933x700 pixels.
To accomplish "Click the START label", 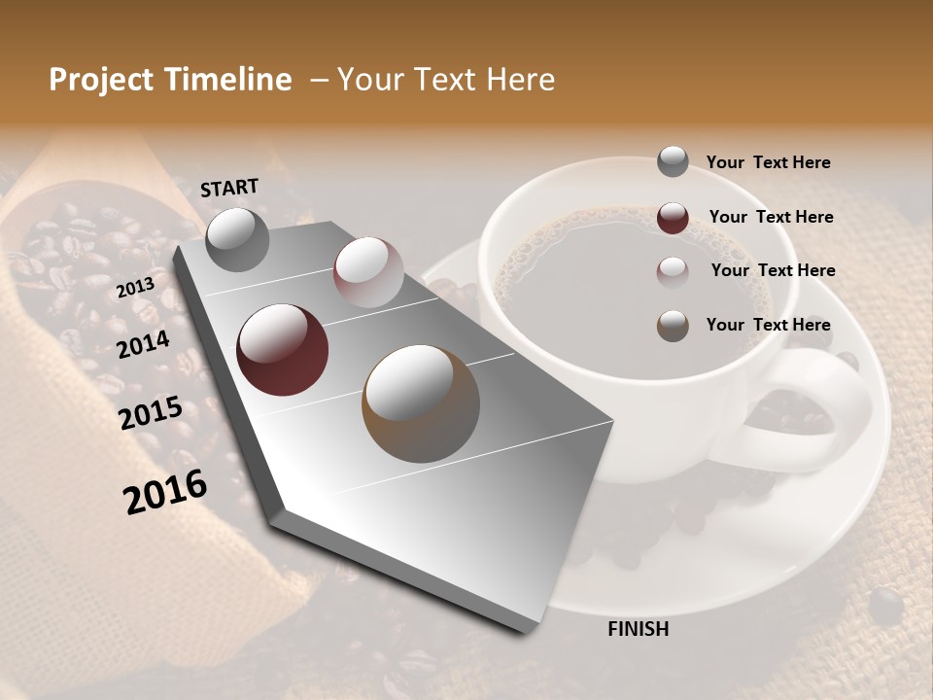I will coord(229,188).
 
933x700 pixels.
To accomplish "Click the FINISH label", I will coord(638,629).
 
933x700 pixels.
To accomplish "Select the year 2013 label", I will coord(135,288).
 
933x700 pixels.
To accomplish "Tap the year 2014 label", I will coord(143,344).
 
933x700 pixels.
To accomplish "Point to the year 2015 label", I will coord(150,413).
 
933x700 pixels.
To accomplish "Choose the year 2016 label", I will coord(165,491).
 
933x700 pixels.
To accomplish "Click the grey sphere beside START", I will coord(238,239).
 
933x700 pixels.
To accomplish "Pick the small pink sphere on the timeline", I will coord(367,272).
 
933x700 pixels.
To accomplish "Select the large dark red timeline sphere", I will coord(282,350).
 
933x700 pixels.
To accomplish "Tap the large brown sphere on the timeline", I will coord(420,403).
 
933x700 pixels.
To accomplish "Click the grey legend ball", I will coord(673,162).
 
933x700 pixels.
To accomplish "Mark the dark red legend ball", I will coord(673,217).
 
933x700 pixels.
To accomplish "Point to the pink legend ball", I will coord(673,271).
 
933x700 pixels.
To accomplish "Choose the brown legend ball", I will coord(673,326).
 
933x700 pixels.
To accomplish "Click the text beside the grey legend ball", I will coord(768,162).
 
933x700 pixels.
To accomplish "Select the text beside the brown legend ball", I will coord(768,325).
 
